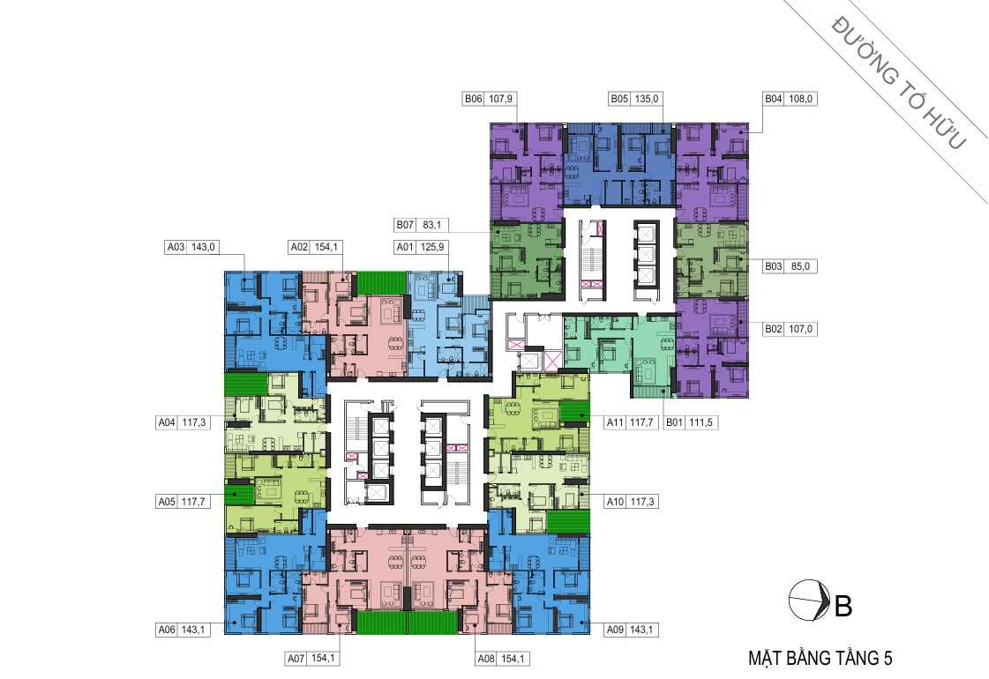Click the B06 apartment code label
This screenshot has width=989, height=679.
point(474,99)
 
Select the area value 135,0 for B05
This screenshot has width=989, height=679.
point(647,99)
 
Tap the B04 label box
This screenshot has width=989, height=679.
point(789,99)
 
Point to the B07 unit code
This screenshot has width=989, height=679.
point(405,225)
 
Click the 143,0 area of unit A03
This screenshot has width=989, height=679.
point(203,247)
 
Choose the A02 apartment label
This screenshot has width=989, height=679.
point(299,247)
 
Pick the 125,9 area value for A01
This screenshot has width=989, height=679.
point(432,247)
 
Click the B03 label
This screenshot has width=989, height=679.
point(773,266)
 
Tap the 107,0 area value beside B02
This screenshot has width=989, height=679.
point(800,329)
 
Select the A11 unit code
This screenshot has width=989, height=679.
point(615,422)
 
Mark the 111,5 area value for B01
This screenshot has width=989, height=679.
point(701,422)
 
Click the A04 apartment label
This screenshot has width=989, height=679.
point(167,422)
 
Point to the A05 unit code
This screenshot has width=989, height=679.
point(167,502)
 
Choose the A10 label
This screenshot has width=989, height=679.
point(615,502)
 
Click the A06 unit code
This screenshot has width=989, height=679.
point(167,630)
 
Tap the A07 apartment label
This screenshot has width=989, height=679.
point(296,659)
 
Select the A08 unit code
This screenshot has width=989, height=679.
point(486,659)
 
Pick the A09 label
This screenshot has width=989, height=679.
point(615,630)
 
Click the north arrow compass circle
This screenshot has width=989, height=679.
point(809,600)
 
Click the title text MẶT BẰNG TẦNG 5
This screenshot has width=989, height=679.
point(820,658)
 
